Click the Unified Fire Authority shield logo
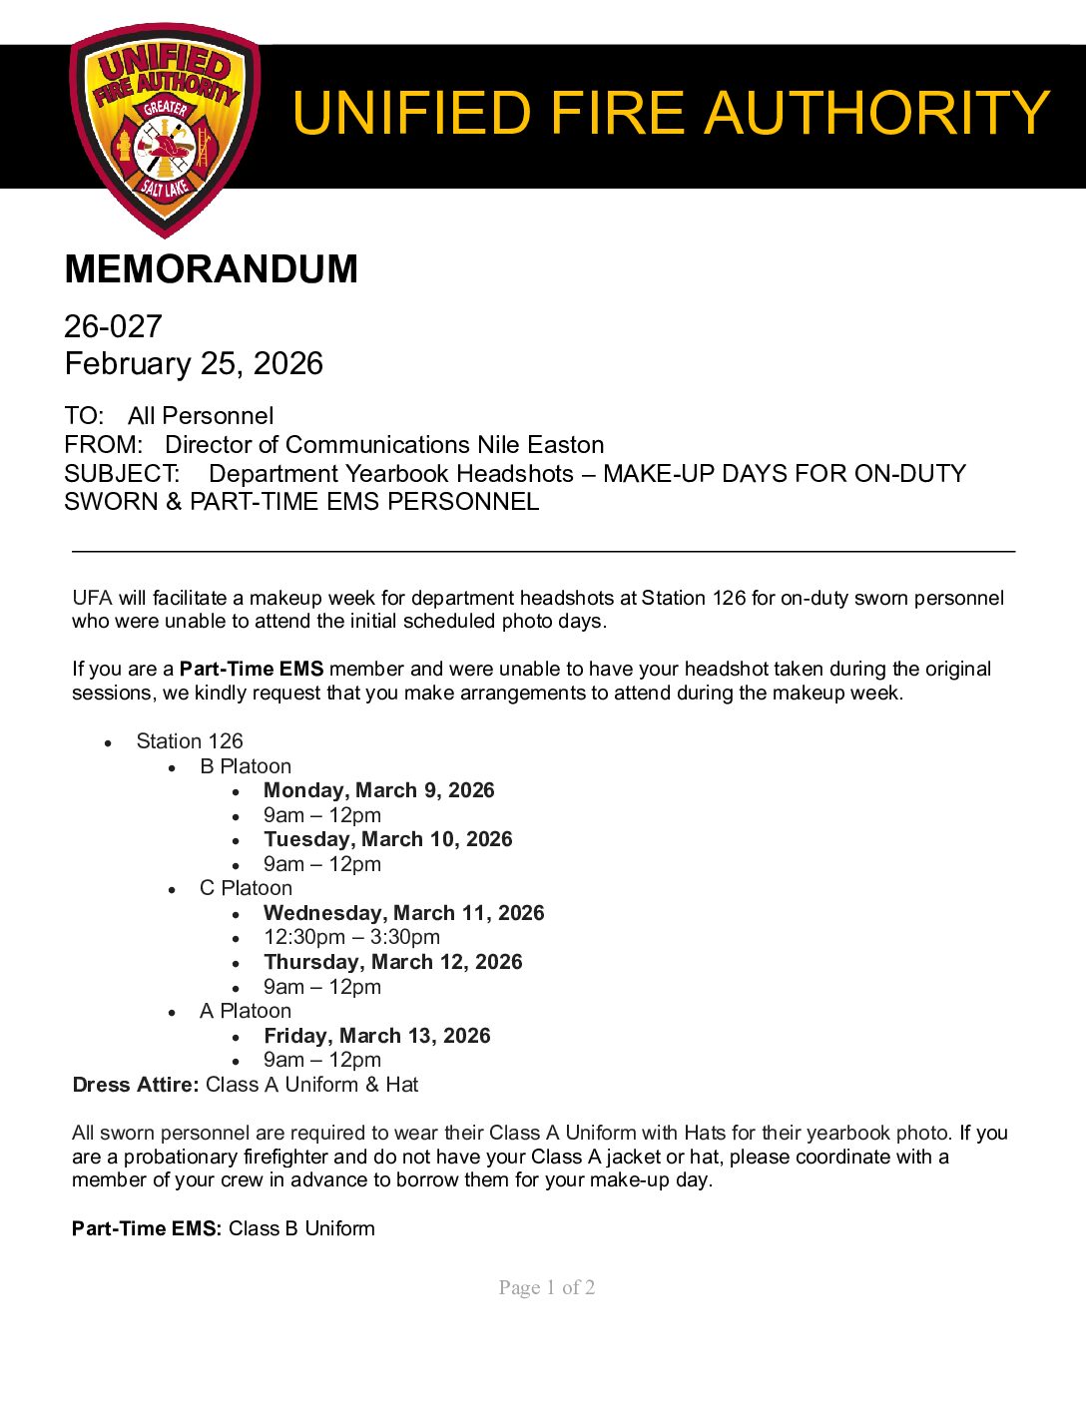[165, 130]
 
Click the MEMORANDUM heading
[211, 269]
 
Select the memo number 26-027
[113, 326]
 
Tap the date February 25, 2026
[194, 363]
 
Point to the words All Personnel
[201, 416]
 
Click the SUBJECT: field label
[122, 474]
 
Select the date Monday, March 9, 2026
[378, 790]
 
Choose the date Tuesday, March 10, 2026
[387, 839]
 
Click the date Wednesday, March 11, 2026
[403, 913]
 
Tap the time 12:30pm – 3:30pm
[351, 937]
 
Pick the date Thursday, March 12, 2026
[392, 962]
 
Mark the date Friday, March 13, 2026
[376, 1036]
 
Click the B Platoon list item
[246, 766]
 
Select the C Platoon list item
[246, 888]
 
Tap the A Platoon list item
[246, 1011]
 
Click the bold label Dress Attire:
[136, 1085]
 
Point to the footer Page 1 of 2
[547, 1287]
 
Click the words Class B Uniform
[301, 1228]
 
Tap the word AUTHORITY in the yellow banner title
[877, 112]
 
